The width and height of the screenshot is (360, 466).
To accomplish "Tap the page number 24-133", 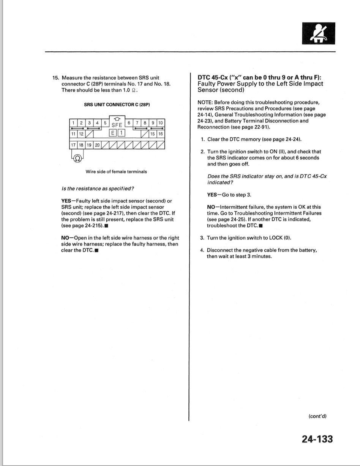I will (317, 439).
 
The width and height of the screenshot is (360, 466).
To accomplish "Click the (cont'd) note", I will (317, 416).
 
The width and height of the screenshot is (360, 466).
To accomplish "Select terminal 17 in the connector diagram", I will (73, 145).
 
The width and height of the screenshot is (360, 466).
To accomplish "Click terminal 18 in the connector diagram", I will (81, 145).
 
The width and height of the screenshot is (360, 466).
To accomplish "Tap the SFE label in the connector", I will (117, 125).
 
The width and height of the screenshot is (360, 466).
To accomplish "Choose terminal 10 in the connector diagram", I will (161, 123).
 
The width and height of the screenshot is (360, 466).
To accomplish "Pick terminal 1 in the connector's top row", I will (73, 123).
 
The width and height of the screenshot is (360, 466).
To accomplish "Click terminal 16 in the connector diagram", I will (161, 134).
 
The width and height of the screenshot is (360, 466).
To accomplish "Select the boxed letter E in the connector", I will (113, 133).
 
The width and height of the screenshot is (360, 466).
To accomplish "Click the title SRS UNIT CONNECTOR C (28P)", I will (117, 105).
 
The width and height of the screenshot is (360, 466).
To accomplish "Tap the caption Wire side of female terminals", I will (116, 171).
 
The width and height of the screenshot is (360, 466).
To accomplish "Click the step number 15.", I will (56, 78).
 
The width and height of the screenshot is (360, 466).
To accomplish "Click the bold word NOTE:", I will (205, 102).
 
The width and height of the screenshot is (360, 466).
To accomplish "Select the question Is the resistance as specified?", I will (98, 189).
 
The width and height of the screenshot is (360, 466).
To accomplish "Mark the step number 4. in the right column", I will (202, 250).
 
